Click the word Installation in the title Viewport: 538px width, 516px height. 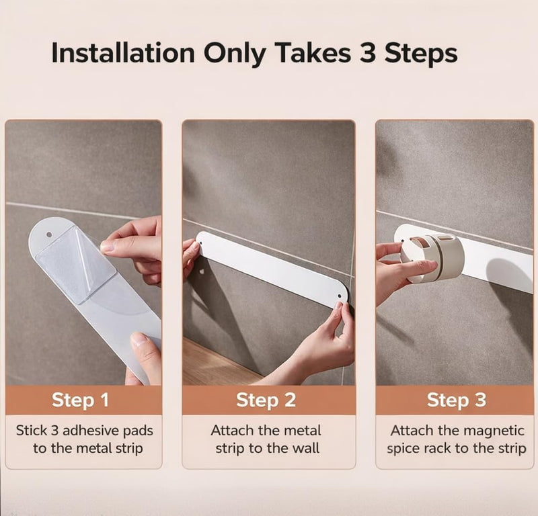click(x=123, y=53)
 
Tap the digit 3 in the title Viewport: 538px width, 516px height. click(x=367, y=53)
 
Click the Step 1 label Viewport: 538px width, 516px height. click(x=80, y=400)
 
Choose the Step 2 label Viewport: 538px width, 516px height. click(x=266, y=400)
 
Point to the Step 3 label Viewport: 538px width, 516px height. click(x=457, y=400)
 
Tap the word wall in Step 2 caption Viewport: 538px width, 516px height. click(x=306, y=448)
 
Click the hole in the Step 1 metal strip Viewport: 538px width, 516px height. click(x=49, y=234)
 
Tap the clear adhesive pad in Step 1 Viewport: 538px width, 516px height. click(x=76, y=265)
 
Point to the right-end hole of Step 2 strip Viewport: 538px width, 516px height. click(x=340, y=296)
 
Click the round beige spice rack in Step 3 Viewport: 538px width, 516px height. click(x=432, y=257)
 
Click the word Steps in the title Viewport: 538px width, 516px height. click(x=421, y=54)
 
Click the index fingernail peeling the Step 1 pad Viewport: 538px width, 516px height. click(x=108, y=247)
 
